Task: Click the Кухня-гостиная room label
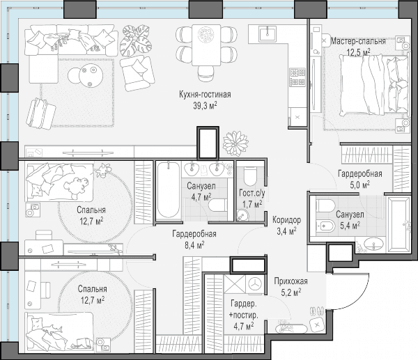coord(205,95)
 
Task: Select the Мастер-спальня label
coord(358,41)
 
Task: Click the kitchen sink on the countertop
coord(268,34)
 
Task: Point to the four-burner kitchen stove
coord(297,77)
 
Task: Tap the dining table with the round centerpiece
coord(206,45)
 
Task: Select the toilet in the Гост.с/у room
coord(250,176)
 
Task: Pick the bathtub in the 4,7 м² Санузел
coord(168,190)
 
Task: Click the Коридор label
coord(286,220)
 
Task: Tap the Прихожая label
coord(291,281)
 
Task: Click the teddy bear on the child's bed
coord(76,186)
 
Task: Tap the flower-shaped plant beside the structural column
coord(235,143)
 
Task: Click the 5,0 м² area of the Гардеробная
coord(359,185)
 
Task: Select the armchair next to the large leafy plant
coord(137,73)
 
